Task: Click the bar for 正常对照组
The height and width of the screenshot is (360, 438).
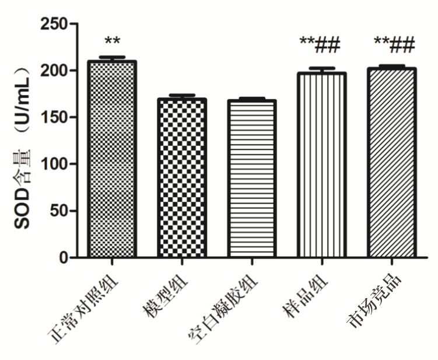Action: [111, 159]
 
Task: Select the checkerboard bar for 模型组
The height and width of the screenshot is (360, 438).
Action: [181, 178]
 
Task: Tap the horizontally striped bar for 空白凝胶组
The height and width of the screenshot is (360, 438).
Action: [251, 179]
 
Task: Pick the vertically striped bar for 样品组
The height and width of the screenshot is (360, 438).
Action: [321, 165]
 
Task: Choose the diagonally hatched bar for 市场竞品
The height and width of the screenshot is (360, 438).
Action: [391, 163]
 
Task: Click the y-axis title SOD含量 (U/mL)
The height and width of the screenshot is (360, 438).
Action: [22, 149]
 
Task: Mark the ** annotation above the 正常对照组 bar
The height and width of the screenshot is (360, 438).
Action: [112, 42]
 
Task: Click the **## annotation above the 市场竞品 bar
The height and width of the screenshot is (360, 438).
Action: [394, 43]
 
